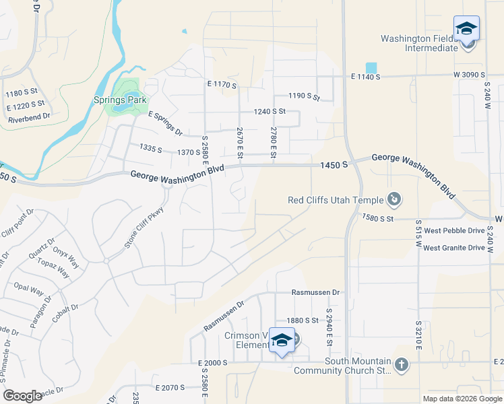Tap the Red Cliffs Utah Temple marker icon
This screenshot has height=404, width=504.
point(395,199)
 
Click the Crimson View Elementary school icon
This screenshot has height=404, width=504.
point(282,342)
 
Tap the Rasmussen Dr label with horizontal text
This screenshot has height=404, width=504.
point(316,293)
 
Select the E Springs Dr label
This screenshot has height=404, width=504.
point(165,123)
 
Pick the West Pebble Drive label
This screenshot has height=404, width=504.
point(455,230)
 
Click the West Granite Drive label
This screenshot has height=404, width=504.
point(454,248)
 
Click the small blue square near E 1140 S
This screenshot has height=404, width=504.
point(371,68)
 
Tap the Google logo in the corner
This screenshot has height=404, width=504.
point(23,396)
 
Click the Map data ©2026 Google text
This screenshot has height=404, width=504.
point(462,398)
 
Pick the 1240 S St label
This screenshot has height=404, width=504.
point(270,111)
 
